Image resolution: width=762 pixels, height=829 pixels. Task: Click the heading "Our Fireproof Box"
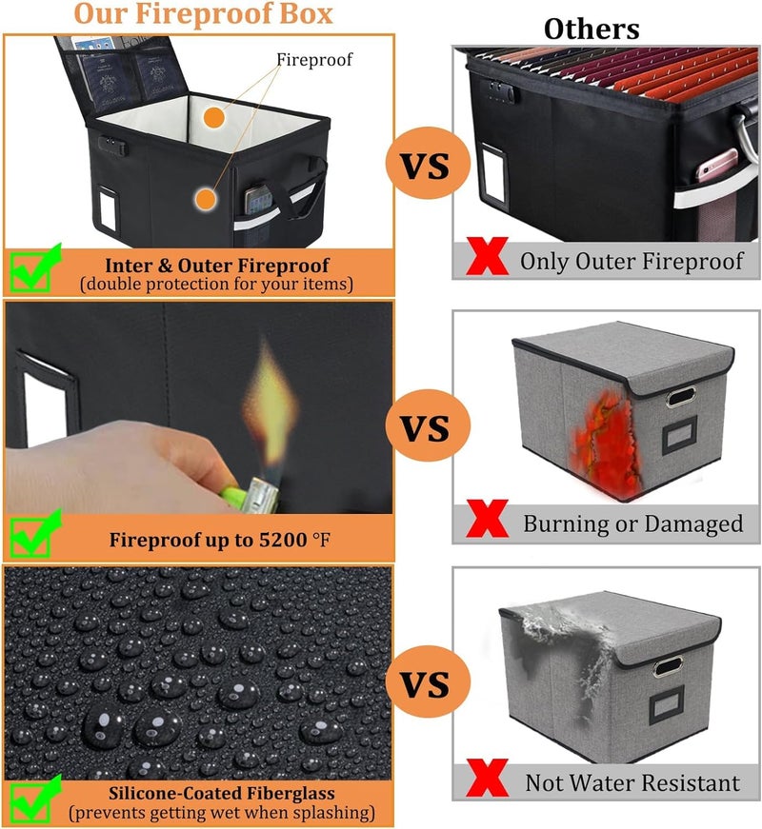click(x=203, y=14)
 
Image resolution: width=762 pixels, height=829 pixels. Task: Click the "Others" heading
click(x=592, y=30)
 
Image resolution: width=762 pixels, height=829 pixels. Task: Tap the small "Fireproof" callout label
click(x=314, y=60)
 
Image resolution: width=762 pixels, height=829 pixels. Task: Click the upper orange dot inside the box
click(x=213, y=117)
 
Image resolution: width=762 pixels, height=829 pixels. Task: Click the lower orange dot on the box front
click(x=206, y=199)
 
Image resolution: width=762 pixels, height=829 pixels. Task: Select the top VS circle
click(x=428, y=164)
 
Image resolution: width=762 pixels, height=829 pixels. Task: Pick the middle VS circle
click(x=428, y=425)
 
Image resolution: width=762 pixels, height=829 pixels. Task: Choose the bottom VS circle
click(x=428, y=681)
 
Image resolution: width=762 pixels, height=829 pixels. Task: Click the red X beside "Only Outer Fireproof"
click(x=488, y=256)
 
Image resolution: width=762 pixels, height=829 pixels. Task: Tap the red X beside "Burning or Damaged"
click(x=488, y=519)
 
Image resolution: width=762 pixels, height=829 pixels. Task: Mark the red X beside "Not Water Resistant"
click(x=488, y=778)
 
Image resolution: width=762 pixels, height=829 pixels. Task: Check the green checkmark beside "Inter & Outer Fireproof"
click(x=35, y=267)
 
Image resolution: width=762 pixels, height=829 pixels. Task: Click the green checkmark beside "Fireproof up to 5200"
click(x=35, y=533)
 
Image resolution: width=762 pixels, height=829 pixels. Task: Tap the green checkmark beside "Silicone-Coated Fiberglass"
click(x=35, y=799)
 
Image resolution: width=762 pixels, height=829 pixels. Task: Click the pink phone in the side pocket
click(x=715, y=165)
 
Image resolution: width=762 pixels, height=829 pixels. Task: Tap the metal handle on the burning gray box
click(x=680, y=397)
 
